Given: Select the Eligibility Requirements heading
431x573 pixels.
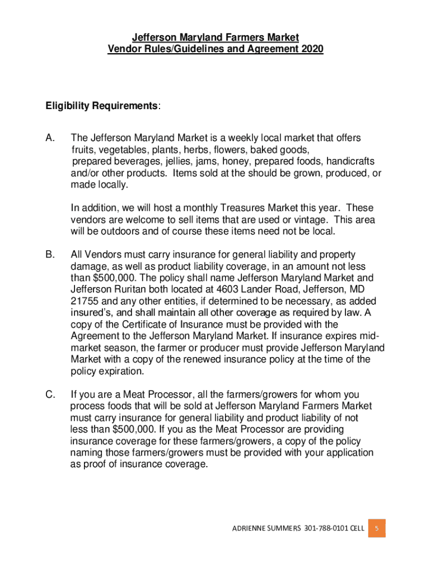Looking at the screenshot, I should (x=102, y=106).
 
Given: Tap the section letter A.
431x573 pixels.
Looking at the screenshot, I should (x=50, y=138).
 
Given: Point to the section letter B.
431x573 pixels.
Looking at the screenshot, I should (x=50, y=255).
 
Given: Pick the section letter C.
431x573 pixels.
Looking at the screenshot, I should (x=50, y=394).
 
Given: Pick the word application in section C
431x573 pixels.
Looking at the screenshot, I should (x=346, y=452).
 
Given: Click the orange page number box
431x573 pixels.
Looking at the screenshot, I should (x=377, y=528).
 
